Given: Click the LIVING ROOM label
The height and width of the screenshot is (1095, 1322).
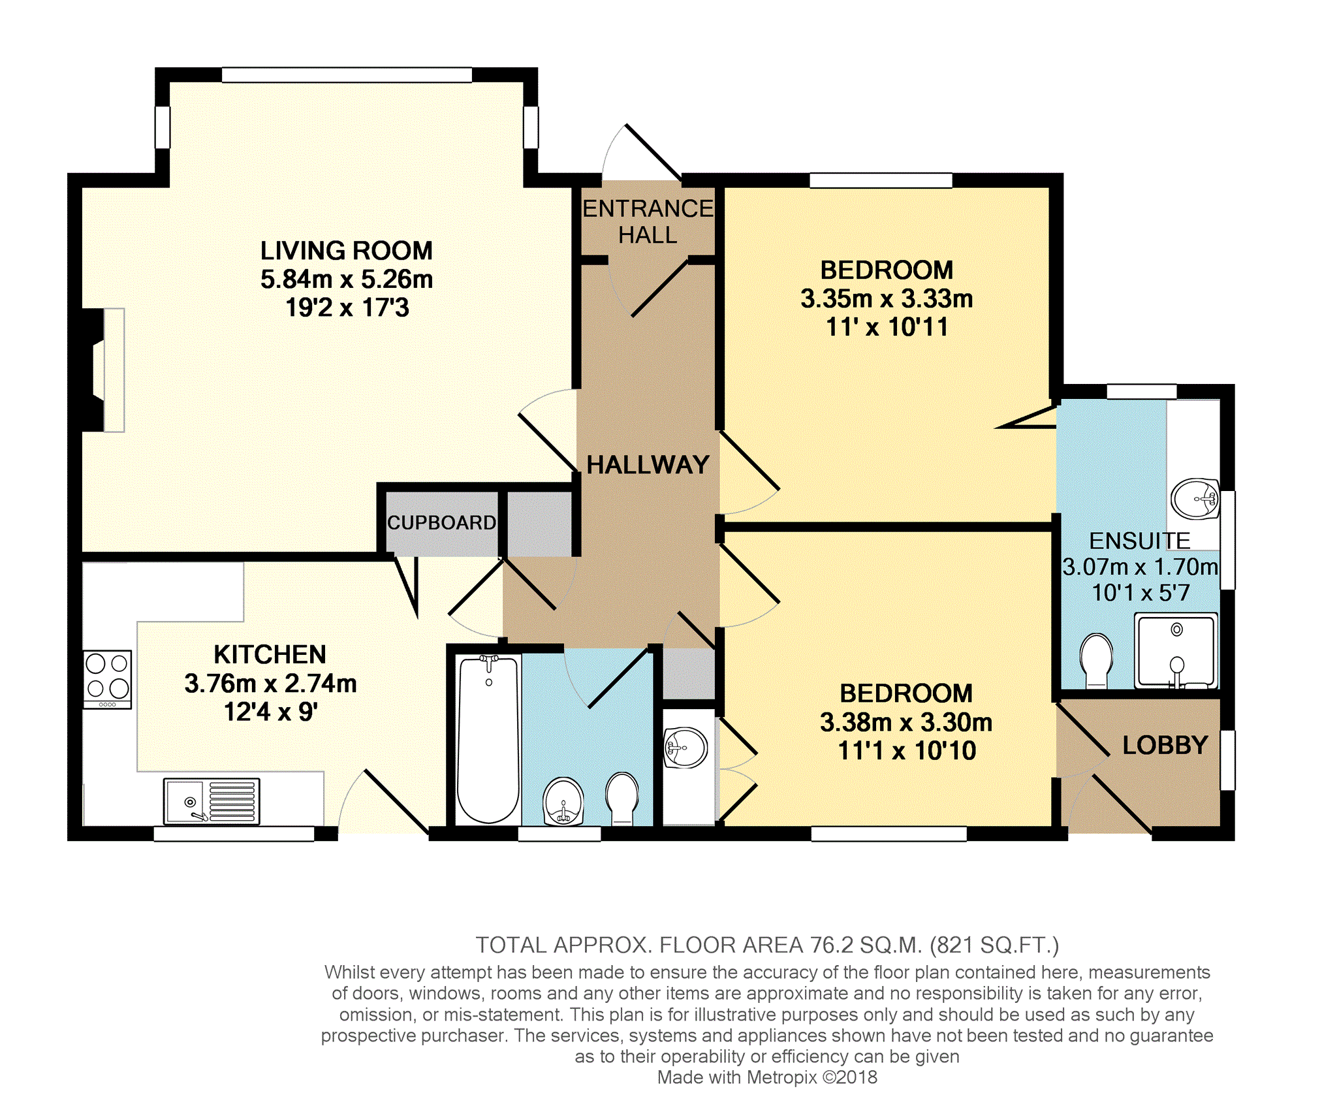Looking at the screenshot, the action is [x=346, y=251].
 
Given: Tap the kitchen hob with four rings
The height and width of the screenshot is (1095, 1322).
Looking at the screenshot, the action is [x=108, y=679].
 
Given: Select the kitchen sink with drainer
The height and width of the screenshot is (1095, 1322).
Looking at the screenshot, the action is [x=212, y=801].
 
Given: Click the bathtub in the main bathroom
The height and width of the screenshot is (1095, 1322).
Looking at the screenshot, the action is [x=488, y=739].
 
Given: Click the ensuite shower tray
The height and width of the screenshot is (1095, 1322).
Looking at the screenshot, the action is [x=1176, y=650].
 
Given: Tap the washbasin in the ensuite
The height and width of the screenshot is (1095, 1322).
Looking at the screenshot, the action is [x=1195, y=499].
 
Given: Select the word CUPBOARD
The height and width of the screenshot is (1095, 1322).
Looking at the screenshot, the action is [x=441, y=522].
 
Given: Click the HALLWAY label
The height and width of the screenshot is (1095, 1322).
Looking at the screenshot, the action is [x=648, y=465].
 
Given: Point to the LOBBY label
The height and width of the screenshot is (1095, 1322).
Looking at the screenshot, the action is [x=1165, y=745].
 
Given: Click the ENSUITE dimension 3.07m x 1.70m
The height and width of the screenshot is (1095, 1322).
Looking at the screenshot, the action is [x=1141, y=567].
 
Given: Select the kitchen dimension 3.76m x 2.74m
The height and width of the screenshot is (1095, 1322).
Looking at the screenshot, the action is [x=270, y=684].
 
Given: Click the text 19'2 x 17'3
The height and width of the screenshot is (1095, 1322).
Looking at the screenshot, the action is [x=347, y=308].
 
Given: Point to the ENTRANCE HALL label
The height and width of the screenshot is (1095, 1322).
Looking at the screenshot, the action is [x=648, y=221].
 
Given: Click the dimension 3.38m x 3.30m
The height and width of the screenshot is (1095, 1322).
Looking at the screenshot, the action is [x=906, y=723].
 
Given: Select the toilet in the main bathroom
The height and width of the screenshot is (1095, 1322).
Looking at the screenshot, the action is [x=622, y=798].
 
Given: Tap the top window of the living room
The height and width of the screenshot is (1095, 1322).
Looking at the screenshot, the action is [x=347, y=74].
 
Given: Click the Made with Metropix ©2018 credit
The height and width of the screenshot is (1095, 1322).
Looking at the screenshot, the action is [x=767, y=1077].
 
